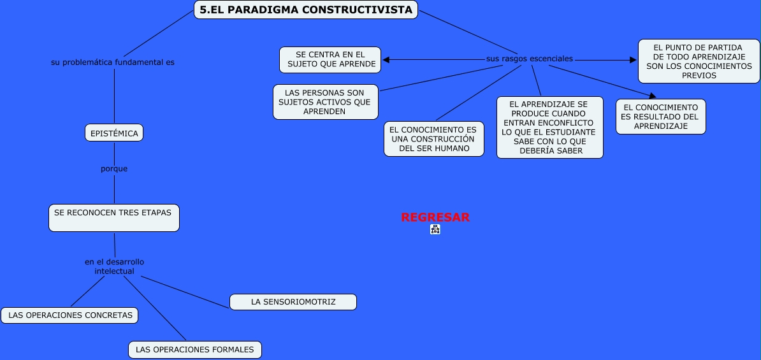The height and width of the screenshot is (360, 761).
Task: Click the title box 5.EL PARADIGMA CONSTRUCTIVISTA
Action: (x=306, y=10)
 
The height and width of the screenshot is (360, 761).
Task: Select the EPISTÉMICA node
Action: (x=114, y=133)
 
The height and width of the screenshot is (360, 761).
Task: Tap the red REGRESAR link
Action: (x=435, y=217)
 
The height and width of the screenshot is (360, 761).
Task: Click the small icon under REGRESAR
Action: (x=435, y=229)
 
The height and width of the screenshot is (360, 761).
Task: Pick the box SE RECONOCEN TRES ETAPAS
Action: (x=113, y=217)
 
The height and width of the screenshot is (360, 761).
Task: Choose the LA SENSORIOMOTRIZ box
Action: (x=293, y=301)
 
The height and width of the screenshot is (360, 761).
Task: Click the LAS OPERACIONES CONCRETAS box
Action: (x=70, y=315)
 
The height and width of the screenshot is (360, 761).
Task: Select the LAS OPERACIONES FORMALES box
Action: (x=195, y=349)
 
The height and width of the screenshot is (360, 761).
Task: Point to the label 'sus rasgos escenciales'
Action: (x=529, y=59)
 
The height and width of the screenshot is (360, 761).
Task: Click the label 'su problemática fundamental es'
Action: (x=113, y=62)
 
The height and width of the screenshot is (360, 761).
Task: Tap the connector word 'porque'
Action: (x=114, y=169)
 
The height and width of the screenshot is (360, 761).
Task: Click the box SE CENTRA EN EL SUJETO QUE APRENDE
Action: (x=330, y=60)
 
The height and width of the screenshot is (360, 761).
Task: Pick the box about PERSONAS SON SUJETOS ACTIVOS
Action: (x=326, y=102)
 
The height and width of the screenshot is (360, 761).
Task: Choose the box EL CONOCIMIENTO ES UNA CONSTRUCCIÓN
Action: (x=433, y=139)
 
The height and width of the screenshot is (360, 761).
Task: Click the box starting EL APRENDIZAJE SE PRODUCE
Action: (x=549, y=127)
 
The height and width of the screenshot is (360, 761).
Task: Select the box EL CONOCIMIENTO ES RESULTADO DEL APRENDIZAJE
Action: (x=660, y=117)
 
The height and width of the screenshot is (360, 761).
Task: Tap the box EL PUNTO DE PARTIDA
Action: (x=699, y=61)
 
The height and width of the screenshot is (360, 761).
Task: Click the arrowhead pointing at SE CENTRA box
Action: (x=386, y=60)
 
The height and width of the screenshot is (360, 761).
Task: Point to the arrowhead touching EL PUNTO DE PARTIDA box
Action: (x=633, y=60)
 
